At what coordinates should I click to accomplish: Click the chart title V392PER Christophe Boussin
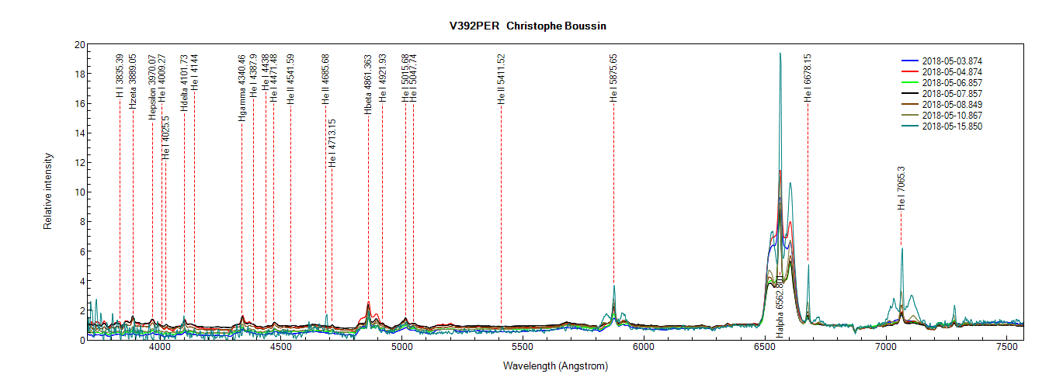[528, 26]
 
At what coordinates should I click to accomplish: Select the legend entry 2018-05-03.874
[954, 61]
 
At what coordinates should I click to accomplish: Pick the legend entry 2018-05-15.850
[954, 126]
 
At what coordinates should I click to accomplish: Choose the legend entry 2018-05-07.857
[954, 93]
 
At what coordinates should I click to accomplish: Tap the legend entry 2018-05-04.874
[954, 71]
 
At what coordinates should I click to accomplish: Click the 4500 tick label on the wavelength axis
[280, 351]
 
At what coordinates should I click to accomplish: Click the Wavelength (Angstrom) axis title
[555, 366]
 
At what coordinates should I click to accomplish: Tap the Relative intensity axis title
[47, 191]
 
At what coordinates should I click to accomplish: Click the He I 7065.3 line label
[901, 189]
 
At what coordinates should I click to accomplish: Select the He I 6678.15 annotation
[808, 78]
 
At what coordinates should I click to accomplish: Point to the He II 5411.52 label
[502, 79]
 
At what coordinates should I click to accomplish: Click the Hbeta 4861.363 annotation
[368, 84]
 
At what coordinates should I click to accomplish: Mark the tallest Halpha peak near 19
[780, 54]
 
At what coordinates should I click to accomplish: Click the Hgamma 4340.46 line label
[242, 87]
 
